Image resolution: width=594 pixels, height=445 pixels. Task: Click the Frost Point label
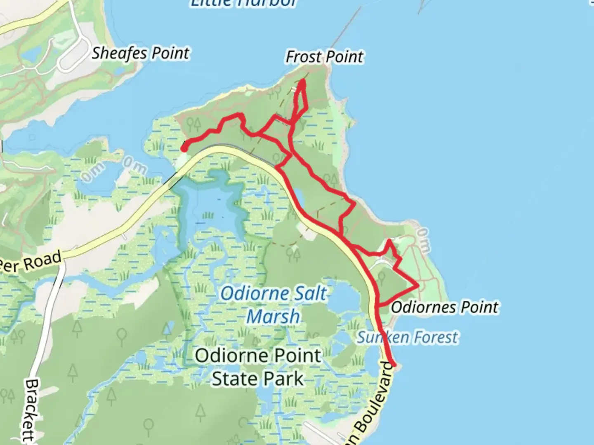click(325, 57)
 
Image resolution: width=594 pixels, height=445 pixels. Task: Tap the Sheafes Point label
click(140, 53)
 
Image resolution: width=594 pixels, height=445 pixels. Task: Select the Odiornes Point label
click(444, 307)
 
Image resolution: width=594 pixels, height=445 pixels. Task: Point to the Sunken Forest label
click(407, 337)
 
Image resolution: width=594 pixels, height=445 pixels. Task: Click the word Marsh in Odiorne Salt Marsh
click(273, 317)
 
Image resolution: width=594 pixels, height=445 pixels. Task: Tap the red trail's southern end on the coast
click(394, 365)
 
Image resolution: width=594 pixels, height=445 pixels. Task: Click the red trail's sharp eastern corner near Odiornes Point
click(418, 285)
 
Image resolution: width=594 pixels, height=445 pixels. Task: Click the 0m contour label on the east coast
click(423, 240)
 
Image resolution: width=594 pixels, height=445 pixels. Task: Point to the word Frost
click(303, 57)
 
